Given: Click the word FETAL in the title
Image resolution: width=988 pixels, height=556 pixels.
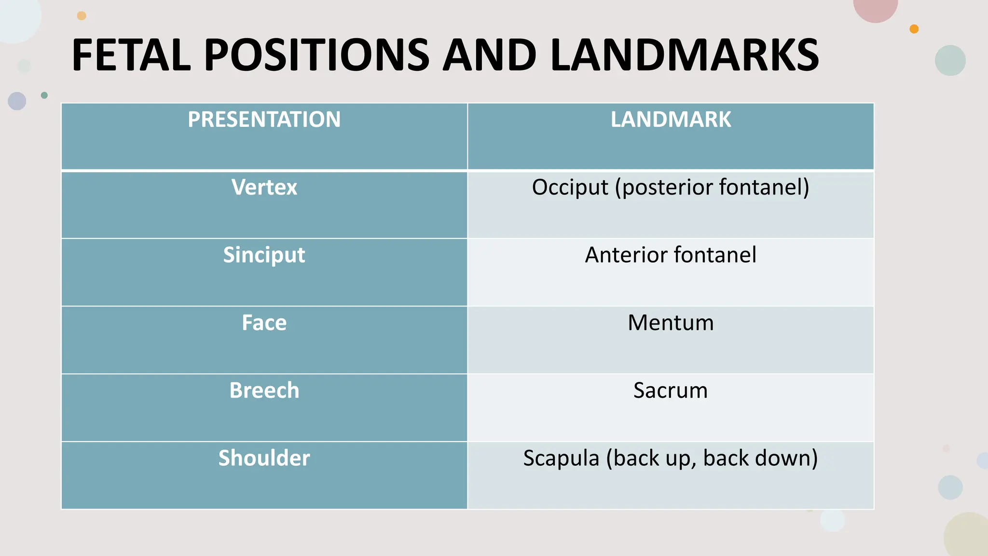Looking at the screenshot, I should tap(131, 55).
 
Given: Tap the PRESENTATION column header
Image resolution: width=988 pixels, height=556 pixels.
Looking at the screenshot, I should tap(264, 119).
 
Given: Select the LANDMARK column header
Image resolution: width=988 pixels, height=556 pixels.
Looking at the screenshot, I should tap(671, 119).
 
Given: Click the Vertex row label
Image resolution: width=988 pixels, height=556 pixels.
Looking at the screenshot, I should tap(264, 187).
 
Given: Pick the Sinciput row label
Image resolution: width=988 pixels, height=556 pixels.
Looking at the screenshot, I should tap(264, 255).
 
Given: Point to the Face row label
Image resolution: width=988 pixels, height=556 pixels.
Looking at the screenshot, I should tap(264, 322).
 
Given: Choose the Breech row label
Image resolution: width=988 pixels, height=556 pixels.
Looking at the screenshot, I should tap(264, 390).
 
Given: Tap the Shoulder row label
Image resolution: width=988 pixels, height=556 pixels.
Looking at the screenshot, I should tap(264, 458).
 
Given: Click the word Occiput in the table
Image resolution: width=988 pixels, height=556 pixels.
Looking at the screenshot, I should tap(570, 188).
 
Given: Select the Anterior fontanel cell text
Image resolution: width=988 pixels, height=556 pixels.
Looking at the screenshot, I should tap(671, 255).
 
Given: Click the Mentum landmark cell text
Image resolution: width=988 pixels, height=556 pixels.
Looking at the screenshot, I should tap(671, 322).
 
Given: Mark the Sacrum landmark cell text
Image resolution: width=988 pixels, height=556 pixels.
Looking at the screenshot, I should tap(671, 390).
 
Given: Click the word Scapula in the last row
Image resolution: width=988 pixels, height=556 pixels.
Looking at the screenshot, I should tap(561, 458).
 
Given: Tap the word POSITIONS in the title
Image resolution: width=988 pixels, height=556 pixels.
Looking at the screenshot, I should tap(316, 55).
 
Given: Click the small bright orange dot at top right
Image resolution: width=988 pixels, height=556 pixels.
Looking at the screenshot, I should tap(914, 29).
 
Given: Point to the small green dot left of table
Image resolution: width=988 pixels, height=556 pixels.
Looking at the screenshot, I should tap(44, 95).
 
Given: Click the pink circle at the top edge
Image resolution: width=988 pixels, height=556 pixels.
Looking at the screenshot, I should tap(875, 7).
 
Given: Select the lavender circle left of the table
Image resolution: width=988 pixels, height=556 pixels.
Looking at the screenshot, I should tap(17, 101).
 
